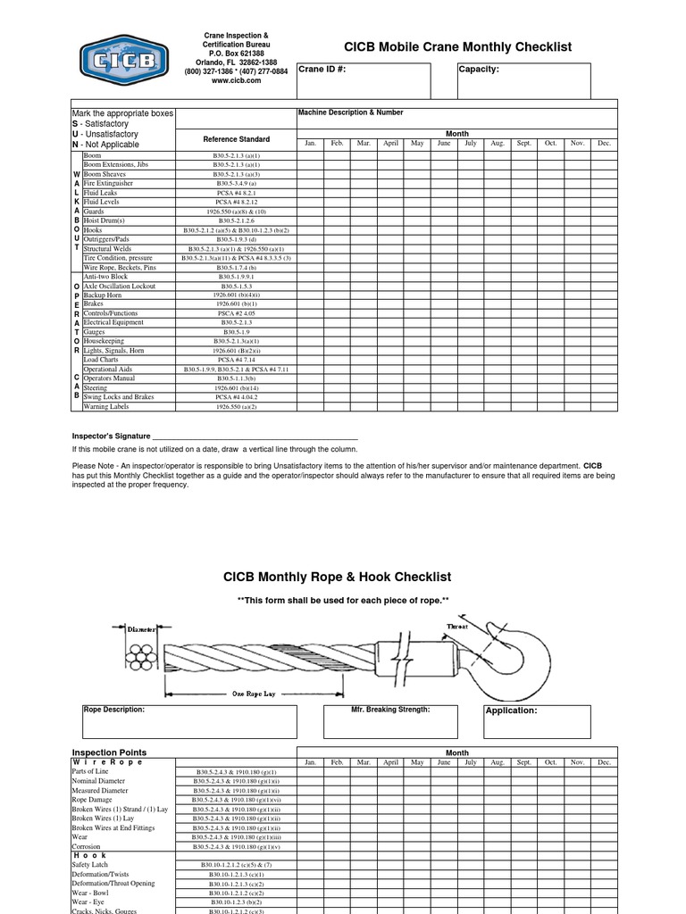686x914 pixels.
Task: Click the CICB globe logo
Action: tap(123, 60)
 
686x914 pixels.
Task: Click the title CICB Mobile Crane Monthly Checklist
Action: tap(458, 47)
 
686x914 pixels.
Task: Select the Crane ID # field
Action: tap(363, 81)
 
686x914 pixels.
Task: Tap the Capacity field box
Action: tap(523, 81)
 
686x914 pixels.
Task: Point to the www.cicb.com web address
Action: tap(236, 80)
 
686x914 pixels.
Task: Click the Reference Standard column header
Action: tap(236, 139)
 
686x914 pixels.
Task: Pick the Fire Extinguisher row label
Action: tap(108, 184)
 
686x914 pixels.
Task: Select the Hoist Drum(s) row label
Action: tap(105, 220)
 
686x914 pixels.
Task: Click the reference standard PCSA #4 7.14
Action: tap(236, 360)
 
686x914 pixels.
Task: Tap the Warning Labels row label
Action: tap(106, 407)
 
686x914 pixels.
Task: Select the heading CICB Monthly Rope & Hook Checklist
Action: tap(337, 577)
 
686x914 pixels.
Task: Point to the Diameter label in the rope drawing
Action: tap(142, 629)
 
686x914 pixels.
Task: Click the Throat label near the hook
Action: tap(456, 627)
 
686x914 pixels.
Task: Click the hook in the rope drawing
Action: tap(514, 652)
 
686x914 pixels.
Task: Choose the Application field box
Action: tap(537, 721)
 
